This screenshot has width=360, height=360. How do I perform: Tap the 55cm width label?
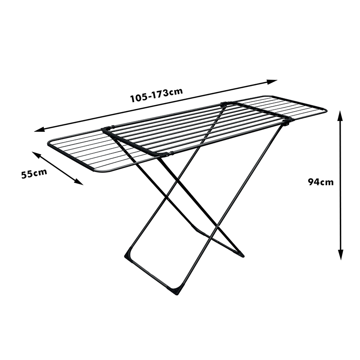34,173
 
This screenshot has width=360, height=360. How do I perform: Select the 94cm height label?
321,182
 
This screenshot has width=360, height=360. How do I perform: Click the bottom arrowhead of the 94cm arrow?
341,256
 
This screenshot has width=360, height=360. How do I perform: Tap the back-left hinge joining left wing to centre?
106,130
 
